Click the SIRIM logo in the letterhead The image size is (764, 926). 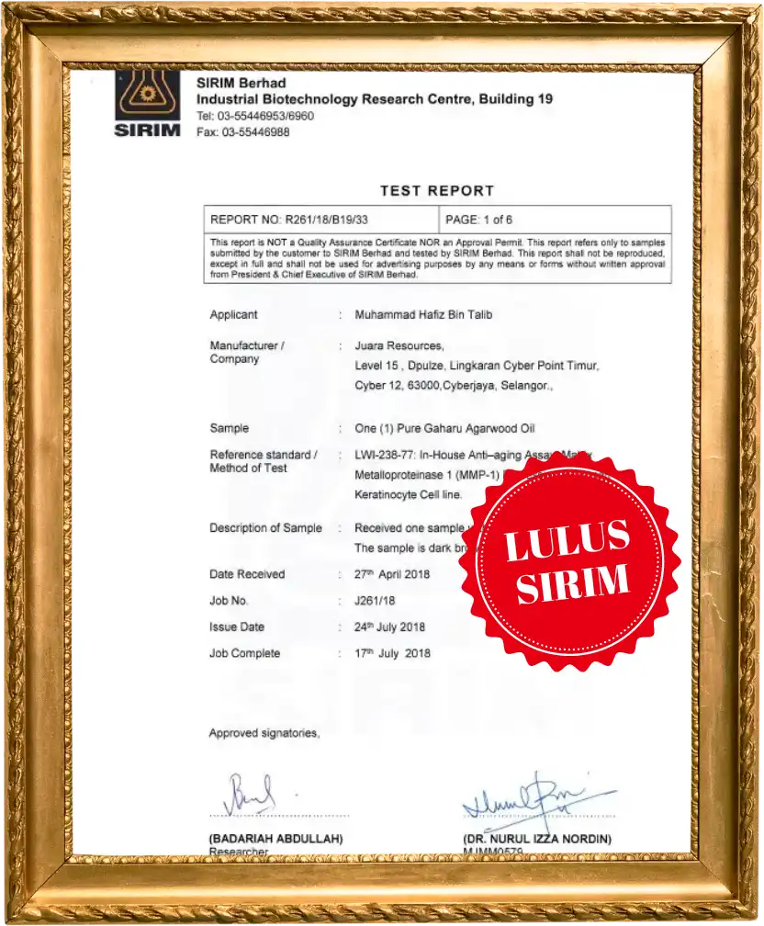point(148,105)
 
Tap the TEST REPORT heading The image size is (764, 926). point(437,191)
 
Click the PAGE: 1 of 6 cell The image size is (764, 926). point(478,220)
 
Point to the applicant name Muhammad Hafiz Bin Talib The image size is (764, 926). point(423,315)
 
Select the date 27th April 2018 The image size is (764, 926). point(391,574)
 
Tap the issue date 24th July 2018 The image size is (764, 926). point(389,627)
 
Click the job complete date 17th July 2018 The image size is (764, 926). point(392,653)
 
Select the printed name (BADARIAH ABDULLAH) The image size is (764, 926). point(275,839)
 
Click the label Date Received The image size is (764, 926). point(247,574)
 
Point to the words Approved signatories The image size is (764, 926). point(264,733)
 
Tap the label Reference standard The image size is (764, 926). point(261,455)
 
